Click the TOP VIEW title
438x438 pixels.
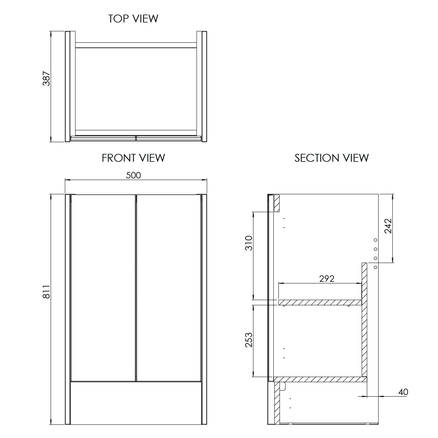133,18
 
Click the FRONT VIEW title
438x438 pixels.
133,158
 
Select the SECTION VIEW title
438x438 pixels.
331,158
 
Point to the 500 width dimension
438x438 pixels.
133,175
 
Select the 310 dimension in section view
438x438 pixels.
248,243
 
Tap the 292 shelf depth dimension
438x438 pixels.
326,279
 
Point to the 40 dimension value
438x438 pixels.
403,392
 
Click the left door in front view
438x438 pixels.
103,288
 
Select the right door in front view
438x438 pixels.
168,288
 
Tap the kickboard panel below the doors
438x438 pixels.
136,403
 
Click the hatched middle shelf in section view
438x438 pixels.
320,303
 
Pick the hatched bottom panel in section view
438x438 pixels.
320,379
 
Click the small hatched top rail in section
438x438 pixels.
277,203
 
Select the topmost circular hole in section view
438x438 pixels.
376,240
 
